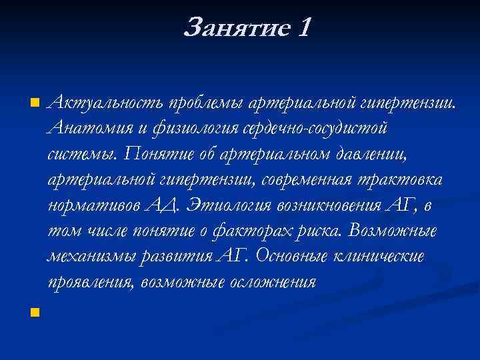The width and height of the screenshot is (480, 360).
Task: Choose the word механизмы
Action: coord(87,257)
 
